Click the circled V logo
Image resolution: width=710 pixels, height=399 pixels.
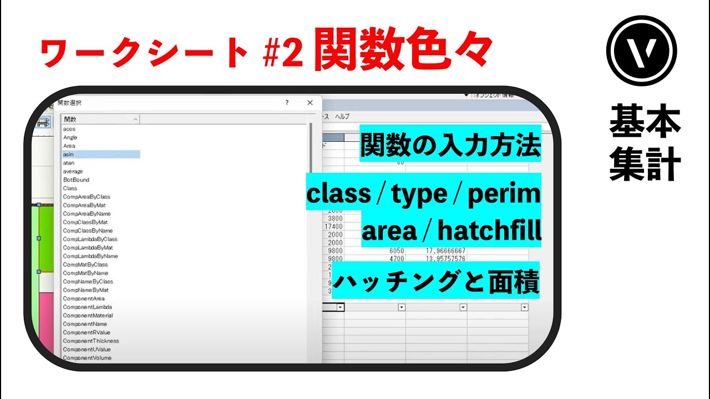642,50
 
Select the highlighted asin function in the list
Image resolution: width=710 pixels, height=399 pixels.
69,155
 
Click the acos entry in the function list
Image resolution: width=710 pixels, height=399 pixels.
69,129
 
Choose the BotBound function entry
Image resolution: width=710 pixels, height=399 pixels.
76,180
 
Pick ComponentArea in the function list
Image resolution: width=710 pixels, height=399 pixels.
84,299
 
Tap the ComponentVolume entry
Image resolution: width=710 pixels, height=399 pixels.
87,358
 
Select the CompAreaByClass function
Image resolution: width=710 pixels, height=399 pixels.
87,197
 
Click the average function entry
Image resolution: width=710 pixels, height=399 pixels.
73,172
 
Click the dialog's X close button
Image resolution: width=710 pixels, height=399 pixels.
310,103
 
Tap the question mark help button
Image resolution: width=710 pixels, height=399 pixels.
287,103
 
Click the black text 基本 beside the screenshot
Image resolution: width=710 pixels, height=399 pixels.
645,123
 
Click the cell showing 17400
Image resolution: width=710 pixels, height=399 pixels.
333,227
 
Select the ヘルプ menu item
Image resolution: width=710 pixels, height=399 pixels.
342,116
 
